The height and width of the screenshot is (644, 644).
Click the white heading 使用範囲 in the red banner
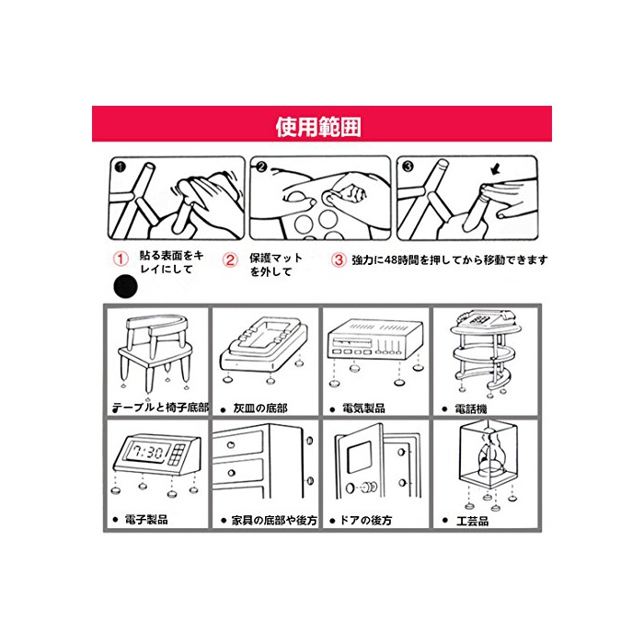(x=318, y=127)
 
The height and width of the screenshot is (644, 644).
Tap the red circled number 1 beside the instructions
(x=121, y=259)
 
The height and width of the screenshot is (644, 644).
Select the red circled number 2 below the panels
(x=230, y=259)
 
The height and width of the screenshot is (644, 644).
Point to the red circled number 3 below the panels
(x=339, y=259)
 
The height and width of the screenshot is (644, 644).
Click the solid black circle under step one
(x=126, y=286)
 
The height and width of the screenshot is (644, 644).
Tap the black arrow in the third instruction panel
(x=496, y=168)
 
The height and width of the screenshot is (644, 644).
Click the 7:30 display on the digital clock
(x=147, y=453)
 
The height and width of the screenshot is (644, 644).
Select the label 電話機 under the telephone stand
(x=471, y=408)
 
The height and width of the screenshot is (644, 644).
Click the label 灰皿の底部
(x=260, y=408)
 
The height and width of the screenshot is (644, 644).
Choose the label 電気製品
(x=363, y=408)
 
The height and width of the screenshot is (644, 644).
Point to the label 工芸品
(x=472, y=521)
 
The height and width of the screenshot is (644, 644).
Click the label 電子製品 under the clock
(x=146, y=519)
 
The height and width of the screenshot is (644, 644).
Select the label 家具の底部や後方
(x=274, y=521)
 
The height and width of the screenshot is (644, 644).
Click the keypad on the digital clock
(x=178, y=454)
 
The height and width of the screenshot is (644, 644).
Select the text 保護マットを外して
(x=276, y=265)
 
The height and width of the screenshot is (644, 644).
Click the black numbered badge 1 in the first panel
(x=120, y=167)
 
